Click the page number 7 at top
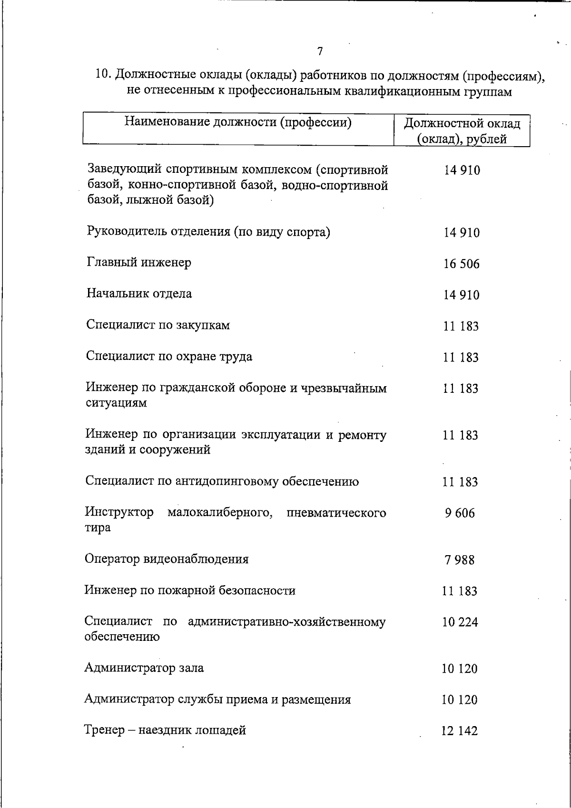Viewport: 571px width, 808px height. tap(320, 51)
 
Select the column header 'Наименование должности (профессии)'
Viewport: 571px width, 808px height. tap(238, 123)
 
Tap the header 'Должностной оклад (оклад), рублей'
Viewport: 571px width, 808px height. tap(462, 131)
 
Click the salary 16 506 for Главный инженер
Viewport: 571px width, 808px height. tap(461, 264)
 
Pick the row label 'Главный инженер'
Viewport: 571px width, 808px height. tap(139, 262)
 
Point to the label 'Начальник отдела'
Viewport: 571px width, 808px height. tap(139, 294)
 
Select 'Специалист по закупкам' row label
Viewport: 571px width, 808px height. tap(158, 325)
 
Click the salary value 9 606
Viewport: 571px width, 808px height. tap(460, 513)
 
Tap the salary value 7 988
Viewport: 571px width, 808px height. tap(460, 560)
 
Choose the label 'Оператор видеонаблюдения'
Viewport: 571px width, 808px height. tap(167, 559)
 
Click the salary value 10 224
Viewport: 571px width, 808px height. tap(460, 622)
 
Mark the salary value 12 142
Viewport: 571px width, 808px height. tap(459, 731)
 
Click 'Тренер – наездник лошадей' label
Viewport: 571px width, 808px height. tap(165, 730)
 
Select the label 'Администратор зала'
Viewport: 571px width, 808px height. tap(144, 668)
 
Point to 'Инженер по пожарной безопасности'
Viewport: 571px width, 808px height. tap(190, 591)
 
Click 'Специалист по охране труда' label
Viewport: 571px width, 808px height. tap(169, 357)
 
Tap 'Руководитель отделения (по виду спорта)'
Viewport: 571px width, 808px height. tap(208, 232)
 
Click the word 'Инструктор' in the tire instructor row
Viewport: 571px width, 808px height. tap(119, 512)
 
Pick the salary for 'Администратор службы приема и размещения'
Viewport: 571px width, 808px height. tap(459, 700)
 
